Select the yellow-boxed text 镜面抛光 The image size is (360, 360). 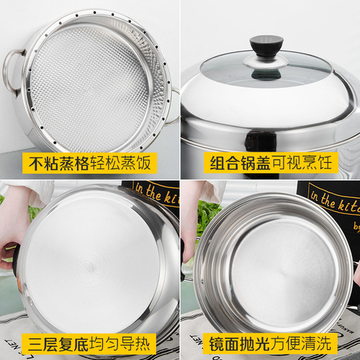pos(233,341)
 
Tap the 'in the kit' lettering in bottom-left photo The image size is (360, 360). pos(155,194)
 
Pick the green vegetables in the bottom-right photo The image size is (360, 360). pos(209,212)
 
